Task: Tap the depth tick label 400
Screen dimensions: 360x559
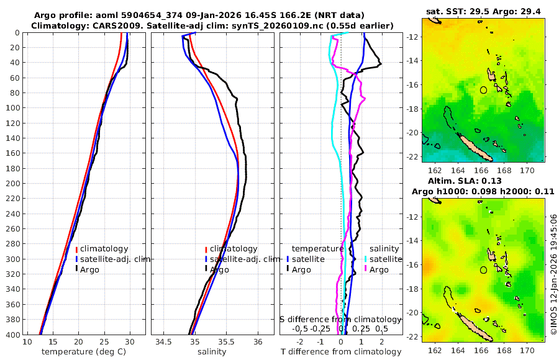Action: click(x=12, y=335)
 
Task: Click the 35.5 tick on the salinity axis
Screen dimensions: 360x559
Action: click(x=227, y=343)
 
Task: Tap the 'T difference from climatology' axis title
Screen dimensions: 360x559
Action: click(x=342, y=352)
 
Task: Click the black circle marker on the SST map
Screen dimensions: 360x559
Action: click(x=484, y=89)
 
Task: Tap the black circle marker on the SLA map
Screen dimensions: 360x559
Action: click(x=484, y=269)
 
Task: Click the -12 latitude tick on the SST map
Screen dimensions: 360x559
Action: click(x=412, y=37)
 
